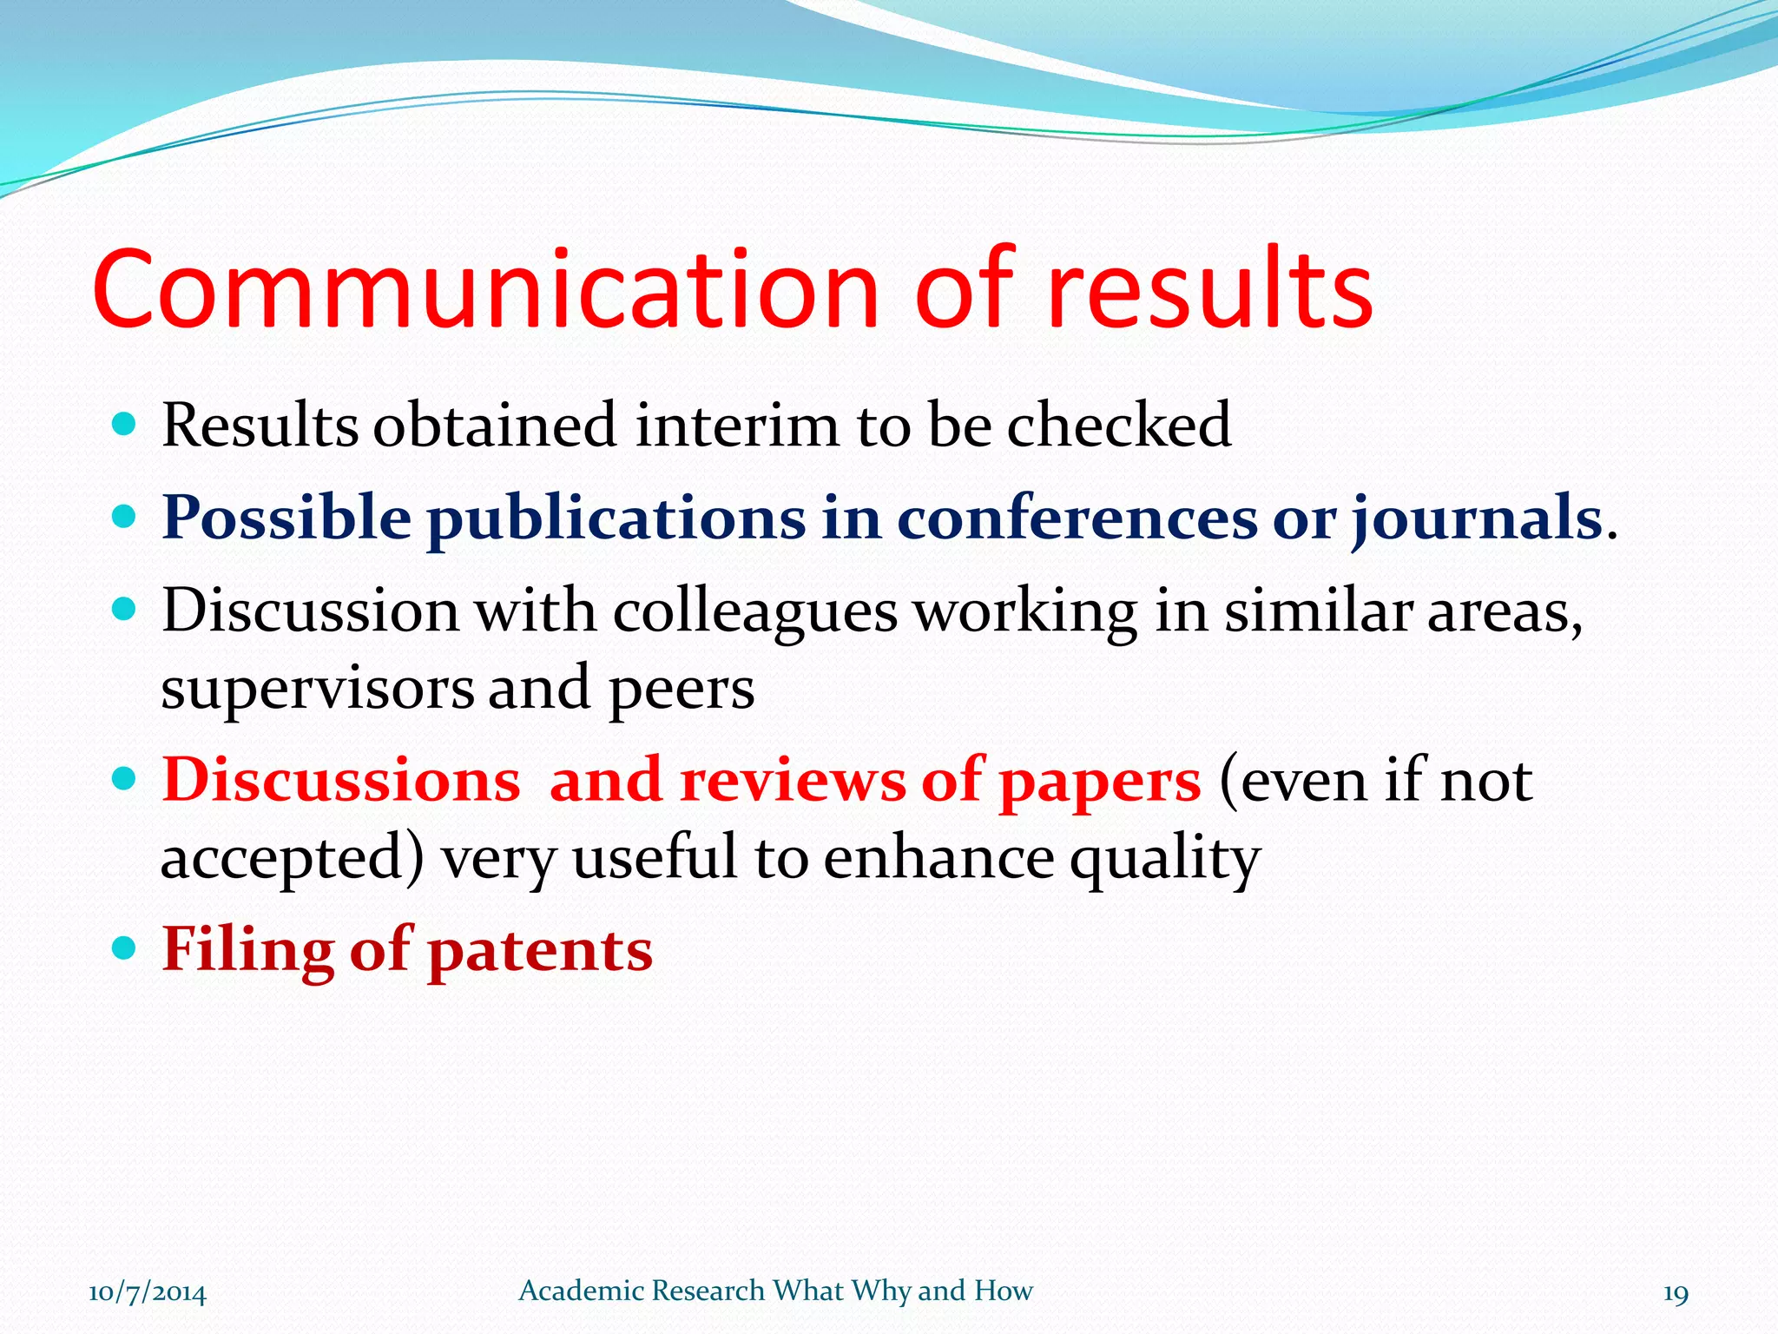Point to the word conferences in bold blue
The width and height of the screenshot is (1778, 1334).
coord(1077,518)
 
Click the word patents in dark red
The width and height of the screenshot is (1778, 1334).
coord(540,950)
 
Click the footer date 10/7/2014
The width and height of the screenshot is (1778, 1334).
coord(148,1293)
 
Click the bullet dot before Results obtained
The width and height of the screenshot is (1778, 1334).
coord(125,424)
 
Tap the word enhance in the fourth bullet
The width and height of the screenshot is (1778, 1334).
coord(938,858)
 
